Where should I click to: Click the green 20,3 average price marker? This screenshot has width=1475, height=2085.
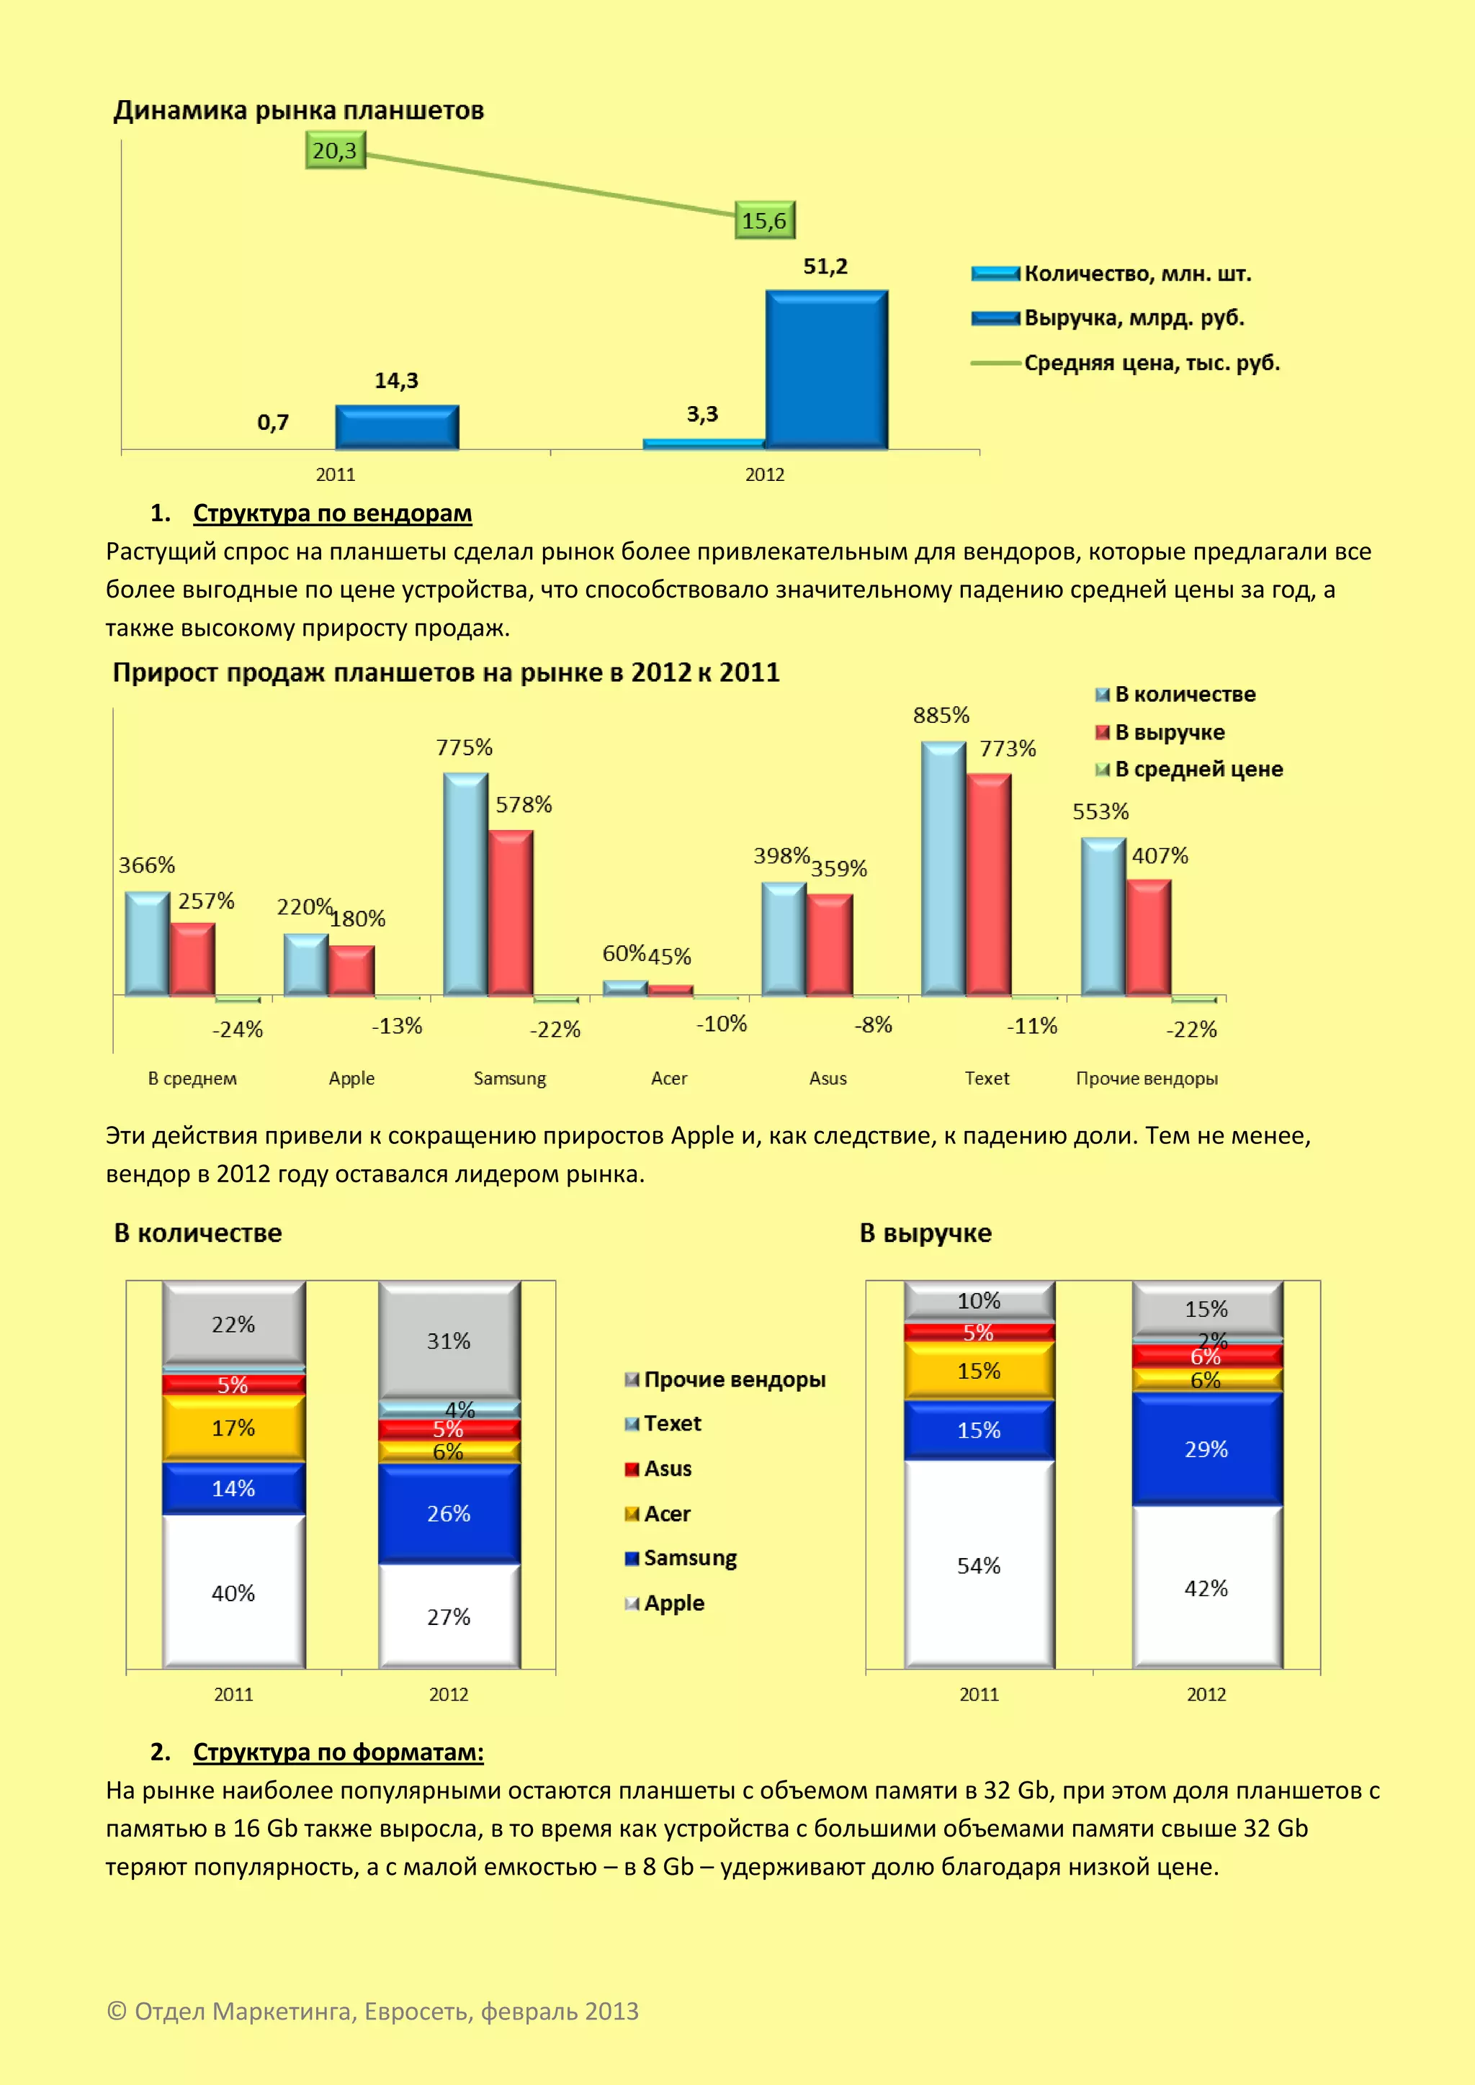[335, 150]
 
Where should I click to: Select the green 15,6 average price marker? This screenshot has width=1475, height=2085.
[765, 221]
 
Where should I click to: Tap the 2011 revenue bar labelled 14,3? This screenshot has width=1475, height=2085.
[397, 427]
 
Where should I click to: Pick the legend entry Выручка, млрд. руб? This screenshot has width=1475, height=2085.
[1134, 318]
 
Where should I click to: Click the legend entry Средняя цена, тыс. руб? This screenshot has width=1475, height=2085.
[1151, 364]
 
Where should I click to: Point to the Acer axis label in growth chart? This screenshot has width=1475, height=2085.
[669, 1078]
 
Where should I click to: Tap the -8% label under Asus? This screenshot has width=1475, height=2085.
[874, 1025]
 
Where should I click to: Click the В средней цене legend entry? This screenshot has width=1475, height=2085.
[1198, 769]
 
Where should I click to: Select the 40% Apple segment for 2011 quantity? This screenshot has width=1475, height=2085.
[233, 1593]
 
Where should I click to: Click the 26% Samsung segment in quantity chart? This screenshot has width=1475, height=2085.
[449, 1514]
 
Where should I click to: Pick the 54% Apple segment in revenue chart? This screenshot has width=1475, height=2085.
[978, 1566]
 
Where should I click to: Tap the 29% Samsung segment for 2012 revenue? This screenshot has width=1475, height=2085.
[1206, 1449]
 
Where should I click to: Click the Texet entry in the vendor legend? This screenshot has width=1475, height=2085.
[672, 1424]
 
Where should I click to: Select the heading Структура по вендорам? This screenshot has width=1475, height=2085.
[333, 513]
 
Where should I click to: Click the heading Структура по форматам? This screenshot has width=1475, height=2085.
[338, 1752]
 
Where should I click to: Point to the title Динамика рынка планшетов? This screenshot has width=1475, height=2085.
[299, 111]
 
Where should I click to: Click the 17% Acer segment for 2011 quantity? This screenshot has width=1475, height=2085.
[233, 1428]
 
